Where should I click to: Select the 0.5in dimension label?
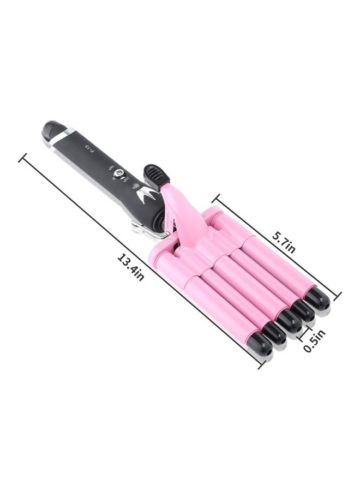pyautogui.click(x=315, y=340)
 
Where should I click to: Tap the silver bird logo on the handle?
pyautogui.click(x=148, y=195)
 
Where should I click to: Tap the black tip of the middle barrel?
pyautogui.click(x=289, y=321)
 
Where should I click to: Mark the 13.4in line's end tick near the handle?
pyautogui.click(x=22, y=159)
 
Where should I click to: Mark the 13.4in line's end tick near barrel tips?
pyautogui.click(x=262, y=363)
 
